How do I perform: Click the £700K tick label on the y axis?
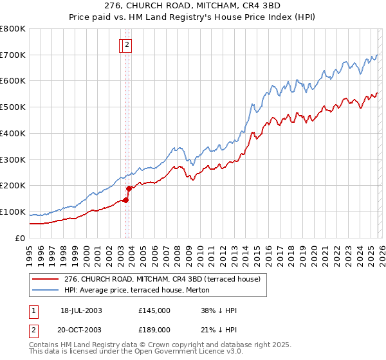13,55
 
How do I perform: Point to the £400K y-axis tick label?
13,134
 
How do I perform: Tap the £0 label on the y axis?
21,239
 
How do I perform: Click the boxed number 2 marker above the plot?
127,45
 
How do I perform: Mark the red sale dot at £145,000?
126,200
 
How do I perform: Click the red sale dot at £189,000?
129,188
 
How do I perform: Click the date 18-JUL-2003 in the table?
81,310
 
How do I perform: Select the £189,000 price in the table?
154,329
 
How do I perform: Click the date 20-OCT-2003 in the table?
81,329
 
